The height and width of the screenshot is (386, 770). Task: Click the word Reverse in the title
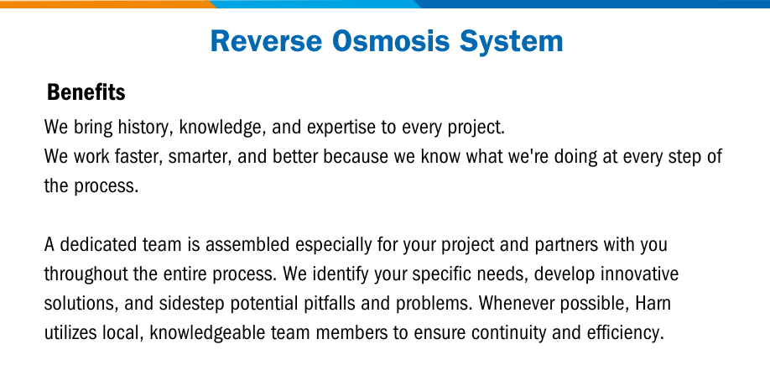click(266, 41)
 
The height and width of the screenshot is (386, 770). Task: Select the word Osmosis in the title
click(391, 41)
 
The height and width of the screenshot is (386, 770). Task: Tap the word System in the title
click(511, 42)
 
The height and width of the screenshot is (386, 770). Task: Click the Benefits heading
click(86, 91)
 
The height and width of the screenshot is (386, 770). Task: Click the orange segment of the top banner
click(106, 4)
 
